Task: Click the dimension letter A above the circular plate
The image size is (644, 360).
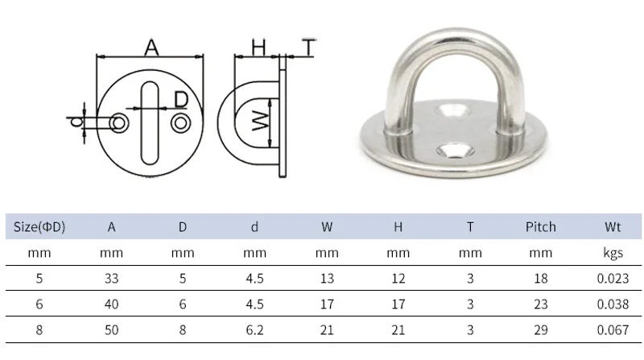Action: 151,48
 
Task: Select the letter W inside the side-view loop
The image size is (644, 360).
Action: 259,122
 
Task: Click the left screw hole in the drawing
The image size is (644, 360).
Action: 119,122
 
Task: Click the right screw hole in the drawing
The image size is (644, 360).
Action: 181,122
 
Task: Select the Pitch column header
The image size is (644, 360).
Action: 540,227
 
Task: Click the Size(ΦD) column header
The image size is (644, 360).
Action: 39,227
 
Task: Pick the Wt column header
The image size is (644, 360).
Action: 613,227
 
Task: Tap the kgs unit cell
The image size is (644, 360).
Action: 613,253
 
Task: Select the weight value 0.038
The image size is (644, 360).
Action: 613,304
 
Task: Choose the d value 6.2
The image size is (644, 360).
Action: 254,330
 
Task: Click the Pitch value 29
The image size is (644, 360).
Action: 540,330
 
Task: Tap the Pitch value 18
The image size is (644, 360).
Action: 540,279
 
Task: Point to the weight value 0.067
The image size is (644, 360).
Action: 613,330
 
